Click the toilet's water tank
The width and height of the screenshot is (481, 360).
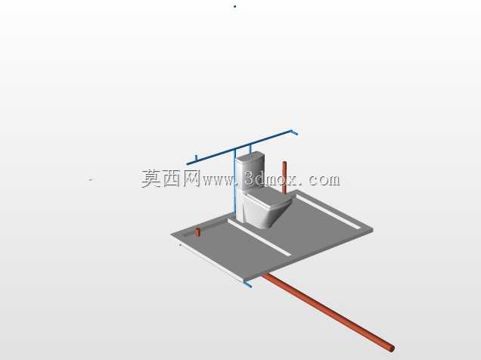(x=250, y=172)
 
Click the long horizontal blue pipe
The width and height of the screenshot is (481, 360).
(x=240, y=147)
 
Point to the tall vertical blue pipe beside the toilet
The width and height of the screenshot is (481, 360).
(x=235, y=183)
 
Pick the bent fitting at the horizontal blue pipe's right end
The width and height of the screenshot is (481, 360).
(x=294, y=132)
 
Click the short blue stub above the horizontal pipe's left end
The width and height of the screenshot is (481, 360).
(x=196, y=157)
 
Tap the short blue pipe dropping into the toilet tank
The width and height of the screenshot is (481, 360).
(x=250, y=149)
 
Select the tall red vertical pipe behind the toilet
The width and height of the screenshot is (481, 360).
(x=284, y=178)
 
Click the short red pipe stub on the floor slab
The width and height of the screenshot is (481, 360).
(x=198, y=232)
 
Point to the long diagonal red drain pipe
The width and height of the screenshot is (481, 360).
(x=328, y=312)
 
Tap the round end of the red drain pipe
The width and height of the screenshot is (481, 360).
(x=391, y=349)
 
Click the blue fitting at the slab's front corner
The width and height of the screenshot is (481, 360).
(x=247, y=284)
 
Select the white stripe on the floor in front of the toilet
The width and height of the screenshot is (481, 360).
(x=259, y=237)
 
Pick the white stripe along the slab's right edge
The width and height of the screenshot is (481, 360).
(x=328, y=212)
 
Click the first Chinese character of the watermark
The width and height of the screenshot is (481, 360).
(x=151, y=178)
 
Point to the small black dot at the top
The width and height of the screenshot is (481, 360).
(x=235, y=6)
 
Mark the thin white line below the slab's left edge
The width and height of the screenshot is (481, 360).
(x=212, y=263)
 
